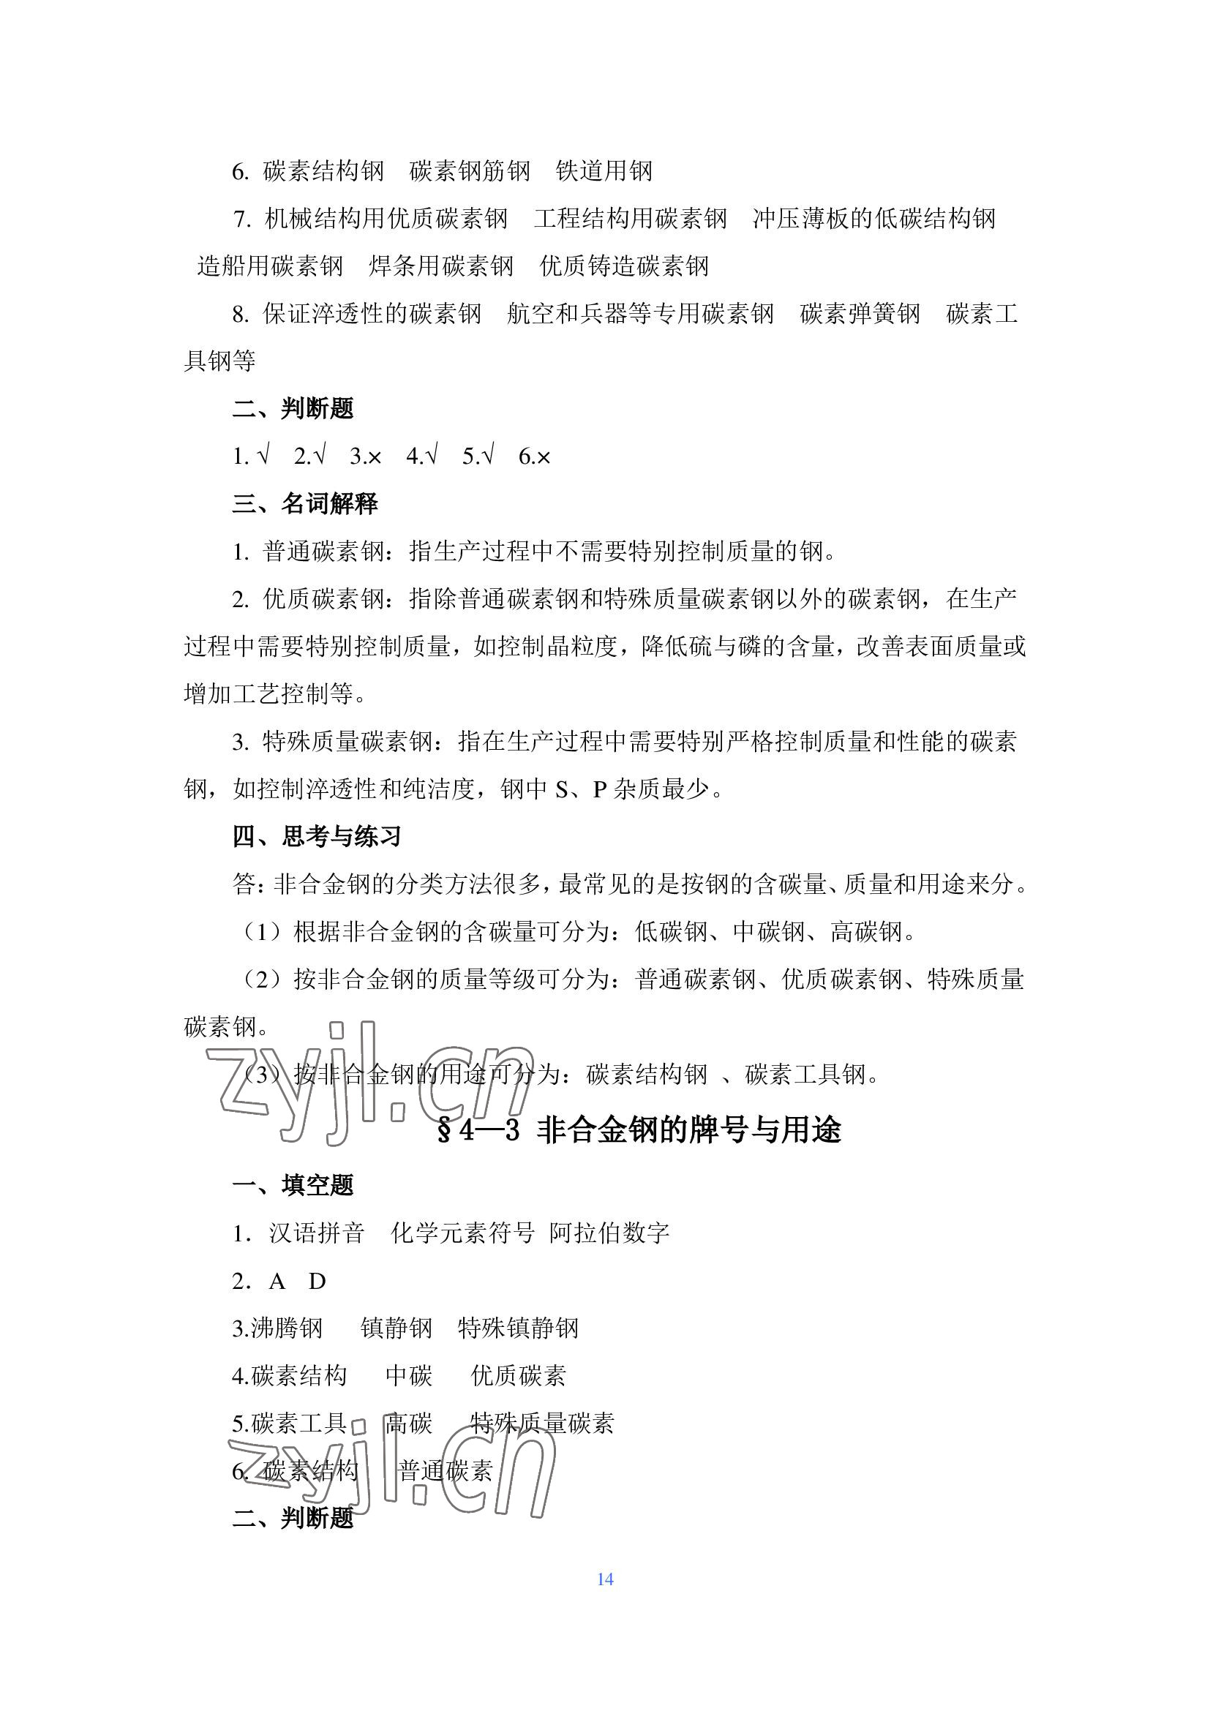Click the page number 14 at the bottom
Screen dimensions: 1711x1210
click(x=604, y=1579)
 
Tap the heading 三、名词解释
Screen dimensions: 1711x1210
click(x=305, y=504)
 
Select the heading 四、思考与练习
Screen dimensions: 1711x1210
click(x=317, y=836)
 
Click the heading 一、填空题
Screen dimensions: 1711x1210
click(x=293, y=1185)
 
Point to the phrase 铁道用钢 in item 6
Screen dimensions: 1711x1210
click(x=604, y=171)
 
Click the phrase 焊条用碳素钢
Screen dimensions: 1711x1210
click(x=441, y=266)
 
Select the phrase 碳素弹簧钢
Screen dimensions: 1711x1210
click(x=860, y=314)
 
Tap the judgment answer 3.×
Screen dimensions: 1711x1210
click(x=365, y=456)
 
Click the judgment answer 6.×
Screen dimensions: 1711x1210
click(x=534, y=456)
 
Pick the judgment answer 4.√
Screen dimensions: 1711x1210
click(x=421, y=456)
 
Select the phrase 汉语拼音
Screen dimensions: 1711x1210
click(x=317, y=1233)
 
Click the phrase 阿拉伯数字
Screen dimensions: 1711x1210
click(x=609, y=1233)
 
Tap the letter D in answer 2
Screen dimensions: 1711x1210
click(x=317, y=1281)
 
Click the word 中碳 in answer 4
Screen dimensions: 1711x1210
click(x=409, y=1376)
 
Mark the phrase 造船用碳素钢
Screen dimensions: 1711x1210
click(x=270, y=266)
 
